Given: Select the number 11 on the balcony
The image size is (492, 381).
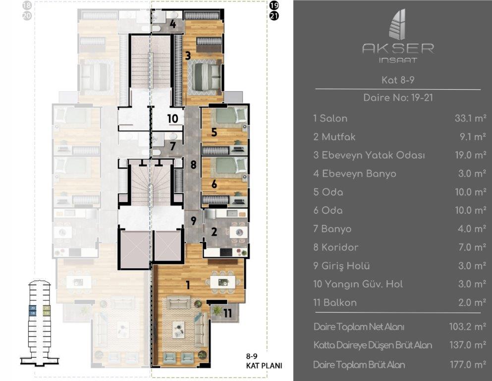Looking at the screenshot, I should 227,313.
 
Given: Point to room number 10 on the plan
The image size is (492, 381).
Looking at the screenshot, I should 172,119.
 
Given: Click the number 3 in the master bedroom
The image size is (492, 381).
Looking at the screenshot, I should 188,56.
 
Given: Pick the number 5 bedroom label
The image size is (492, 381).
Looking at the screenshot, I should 214,132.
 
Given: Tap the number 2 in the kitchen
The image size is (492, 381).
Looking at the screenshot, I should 214,232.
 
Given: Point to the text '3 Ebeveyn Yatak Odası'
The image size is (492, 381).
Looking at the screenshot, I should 369,155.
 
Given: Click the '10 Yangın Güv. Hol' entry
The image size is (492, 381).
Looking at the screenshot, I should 358,284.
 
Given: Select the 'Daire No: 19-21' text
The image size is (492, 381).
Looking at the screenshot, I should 398,98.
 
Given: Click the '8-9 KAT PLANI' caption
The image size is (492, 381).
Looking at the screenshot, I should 264,361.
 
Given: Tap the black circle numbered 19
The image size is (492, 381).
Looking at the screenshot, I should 273,6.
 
